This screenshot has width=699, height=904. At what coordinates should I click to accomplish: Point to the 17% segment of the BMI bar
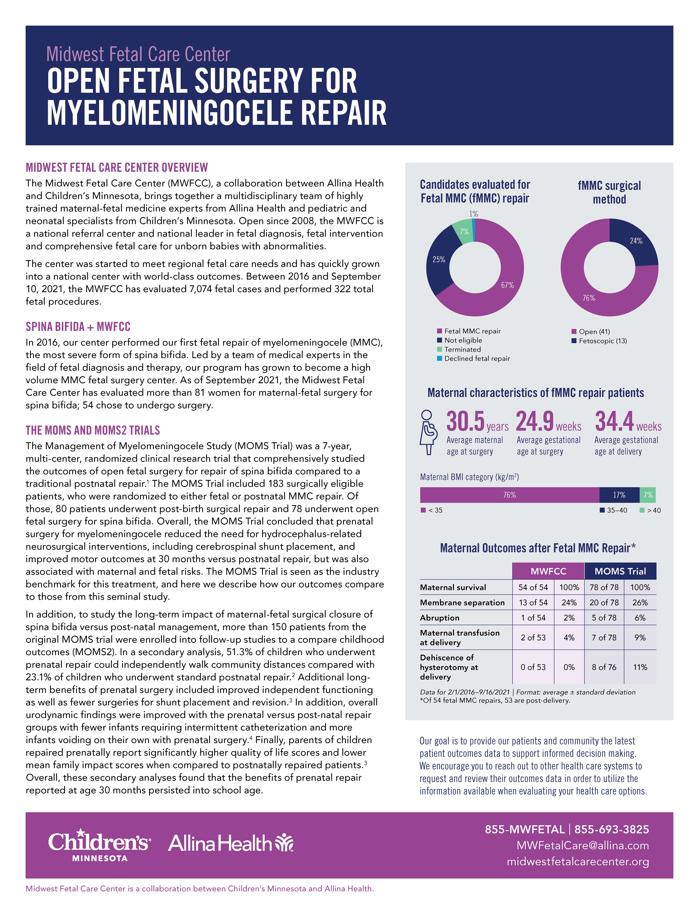[x=619, y=495]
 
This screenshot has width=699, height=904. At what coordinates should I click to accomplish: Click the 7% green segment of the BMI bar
[x=648, y=495]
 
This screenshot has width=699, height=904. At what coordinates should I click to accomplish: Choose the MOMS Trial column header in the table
[x=620, y=571]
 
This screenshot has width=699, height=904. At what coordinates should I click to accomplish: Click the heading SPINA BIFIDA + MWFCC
[x=78, y=327]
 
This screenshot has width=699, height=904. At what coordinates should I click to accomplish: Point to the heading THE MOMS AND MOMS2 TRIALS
[x=93, y=430]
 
